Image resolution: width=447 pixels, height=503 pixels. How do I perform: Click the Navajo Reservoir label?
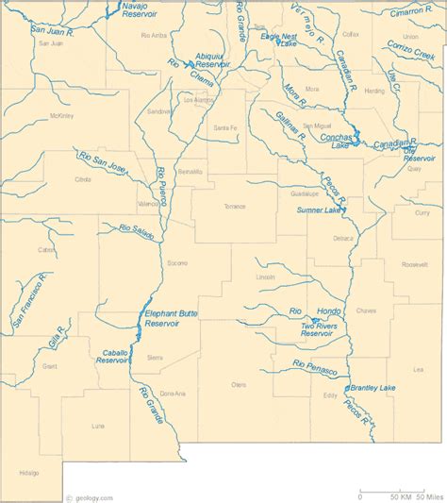[141, 10]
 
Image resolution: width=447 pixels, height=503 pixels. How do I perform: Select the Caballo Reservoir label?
[113, 357]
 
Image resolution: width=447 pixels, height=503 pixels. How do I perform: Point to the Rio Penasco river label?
[315, 367]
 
